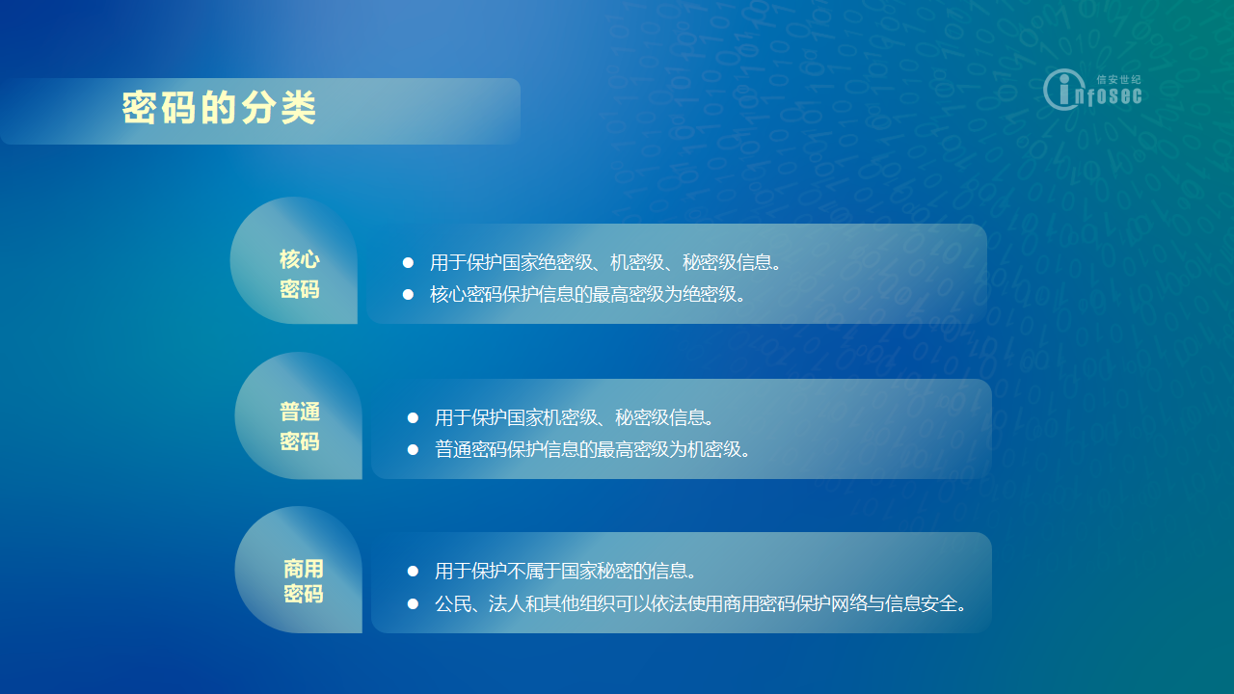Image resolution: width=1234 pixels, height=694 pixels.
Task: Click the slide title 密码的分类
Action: pos(219,107)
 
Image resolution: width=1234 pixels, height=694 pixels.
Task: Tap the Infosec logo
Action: pos(1092,90)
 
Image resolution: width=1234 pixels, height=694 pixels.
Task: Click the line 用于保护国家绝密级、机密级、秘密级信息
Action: pos(605,262)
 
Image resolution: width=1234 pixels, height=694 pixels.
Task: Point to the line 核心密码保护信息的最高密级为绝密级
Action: pos(587,294)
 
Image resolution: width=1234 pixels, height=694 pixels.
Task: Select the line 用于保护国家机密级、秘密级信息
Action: pos(574,417)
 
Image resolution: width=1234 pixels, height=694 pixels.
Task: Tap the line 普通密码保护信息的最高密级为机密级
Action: pos(592,449)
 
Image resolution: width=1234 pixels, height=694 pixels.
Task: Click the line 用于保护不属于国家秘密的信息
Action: pos(565,571)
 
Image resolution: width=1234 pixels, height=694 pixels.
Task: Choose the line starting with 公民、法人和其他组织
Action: pos(701,603)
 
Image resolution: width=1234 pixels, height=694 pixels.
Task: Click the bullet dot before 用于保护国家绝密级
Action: pos(408,263)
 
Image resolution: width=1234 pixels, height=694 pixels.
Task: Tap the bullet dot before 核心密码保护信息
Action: pos(408,295)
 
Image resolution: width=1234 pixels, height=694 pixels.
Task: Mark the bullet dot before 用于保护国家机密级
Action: pos(413,418)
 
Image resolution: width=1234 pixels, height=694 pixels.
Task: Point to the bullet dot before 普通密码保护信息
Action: pos(413,450)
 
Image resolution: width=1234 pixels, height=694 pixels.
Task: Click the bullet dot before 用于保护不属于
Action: pos(413,572)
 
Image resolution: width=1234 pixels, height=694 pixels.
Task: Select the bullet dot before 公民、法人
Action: pos(413,604)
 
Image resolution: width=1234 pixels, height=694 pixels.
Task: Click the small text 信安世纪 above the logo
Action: pos(1118,80)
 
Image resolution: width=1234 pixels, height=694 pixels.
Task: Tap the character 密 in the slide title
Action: pos(140,107)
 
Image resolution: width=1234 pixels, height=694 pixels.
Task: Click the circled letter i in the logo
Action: pos(1063,90)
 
